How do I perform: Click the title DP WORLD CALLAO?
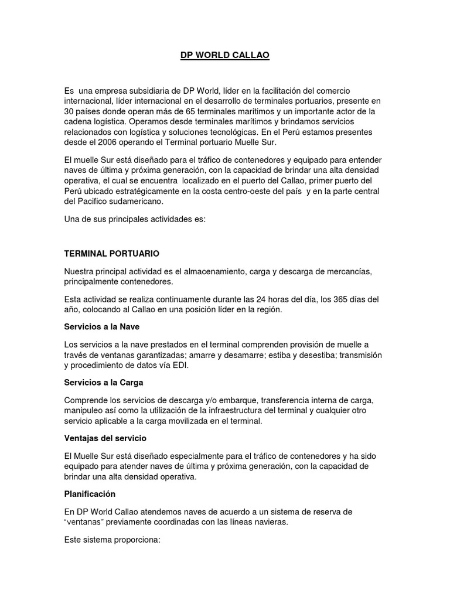225,56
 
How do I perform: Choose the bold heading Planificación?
90,493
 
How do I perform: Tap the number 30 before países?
70,111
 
